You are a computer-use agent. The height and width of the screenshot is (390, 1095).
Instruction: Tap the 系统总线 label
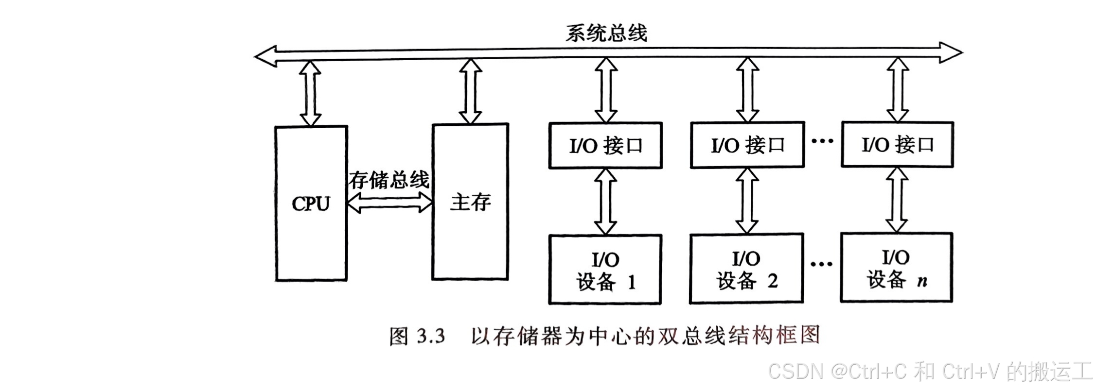point(606,33)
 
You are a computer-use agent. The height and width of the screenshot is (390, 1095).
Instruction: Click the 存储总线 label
point(389,180)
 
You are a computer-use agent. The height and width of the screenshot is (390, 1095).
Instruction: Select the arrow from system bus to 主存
point(470,91)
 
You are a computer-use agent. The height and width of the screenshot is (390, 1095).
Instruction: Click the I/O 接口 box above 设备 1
point(605,146)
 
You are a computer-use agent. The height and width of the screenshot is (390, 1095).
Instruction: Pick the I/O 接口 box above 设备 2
point(747,145)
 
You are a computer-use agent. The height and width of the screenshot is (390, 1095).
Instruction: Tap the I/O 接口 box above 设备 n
point(897,144)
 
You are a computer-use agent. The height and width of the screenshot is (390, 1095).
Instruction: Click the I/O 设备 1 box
point(605,270)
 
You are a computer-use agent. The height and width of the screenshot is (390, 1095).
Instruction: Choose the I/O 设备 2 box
point(746,269)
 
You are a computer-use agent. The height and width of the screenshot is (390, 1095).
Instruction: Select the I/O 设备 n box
point(896,268)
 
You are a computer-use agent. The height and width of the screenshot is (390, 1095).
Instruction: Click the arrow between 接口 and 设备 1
point(605,202)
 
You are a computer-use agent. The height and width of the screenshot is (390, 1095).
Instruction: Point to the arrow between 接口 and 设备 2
point(747,201)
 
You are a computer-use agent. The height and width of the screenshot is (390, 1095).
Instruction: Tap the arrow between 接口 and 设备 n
point(897,200)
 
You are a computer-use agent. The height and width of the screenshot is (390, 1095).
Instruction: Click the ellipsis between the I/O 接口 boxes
point(823,141)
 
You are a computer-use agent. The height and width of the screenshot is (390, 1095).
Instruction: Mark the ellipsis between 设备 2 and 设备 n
point(822,264)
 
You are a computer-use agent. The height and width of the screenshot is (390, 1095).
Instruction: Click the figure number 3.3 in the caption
point(431,336)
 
